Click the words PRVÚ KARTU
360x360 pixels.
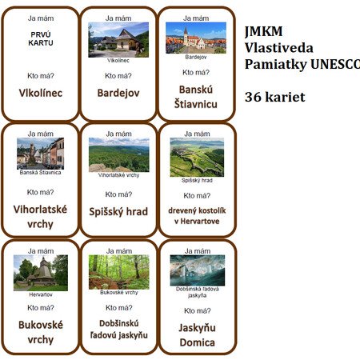point(41,38)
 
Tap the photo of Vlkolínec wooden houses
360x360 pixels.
point(118,40)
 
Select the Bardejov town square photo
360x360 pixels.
point(196,38)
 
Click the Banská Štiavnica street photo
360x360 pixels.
point(40,154)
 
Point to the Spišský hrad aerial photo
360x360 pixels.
point(197,157)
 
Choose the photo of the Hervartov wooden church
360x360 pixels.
point(41,273)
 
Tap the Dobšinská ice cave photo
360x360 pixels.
point(198,270)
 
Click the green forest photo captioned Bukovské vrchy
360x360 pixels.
point(119,272)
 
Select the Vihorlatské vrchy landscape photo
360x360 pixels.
point(119,154)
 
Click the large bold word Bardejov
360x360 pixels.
point(118,93)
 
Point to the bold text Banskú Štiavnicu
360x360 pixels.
point(196,97)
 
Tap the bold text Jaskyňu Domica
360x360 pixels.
point(198,335)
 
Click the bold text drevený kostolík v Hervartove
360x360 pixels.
point(197,216)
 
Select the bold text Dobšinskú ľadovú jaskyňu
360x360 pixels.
point(119,330)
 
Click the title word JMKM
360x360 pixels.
point(264,31)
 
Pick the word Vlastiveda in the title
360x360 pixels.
point(279,48)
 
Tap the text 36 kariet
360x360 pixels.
point(275,97)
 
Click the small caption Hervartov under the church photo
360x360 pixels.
point(41,294)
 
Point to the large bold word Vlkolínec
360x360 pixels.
point(41,93)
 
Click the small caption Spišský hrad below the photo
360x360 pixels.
point(197,180)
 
